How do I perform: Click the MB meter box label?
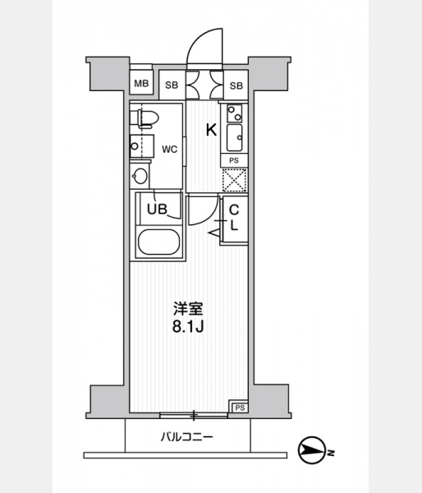click(141, 84)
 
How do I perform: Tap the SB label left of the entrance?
click(172, 85)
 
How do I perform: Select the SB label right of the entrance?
click(236, 85)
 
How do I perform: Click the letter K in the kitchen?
click(211, 130)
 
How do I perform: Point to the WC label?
click(170, 150)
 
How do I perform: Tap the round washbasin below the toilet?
click(140, 176)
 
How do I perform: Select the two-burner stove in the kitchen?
click(235, 113)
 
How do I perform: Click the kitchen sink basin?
click(235, 138)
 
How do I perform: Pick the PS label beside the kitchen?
click(234, 161)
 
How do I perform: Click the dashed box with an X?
click(235, 180)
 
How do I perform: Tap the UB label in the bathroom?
click(157, 209)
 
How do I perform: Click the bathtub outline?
click(158, 242)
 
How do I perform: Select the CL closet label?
click(234, 218)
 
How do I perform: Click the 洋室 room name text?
click(189, 310)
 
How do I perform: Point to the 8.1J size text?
click(188, 327)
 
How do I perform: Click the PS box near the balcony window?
click(240, 408)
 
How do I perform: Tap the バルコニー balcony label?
click(187, 437)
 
